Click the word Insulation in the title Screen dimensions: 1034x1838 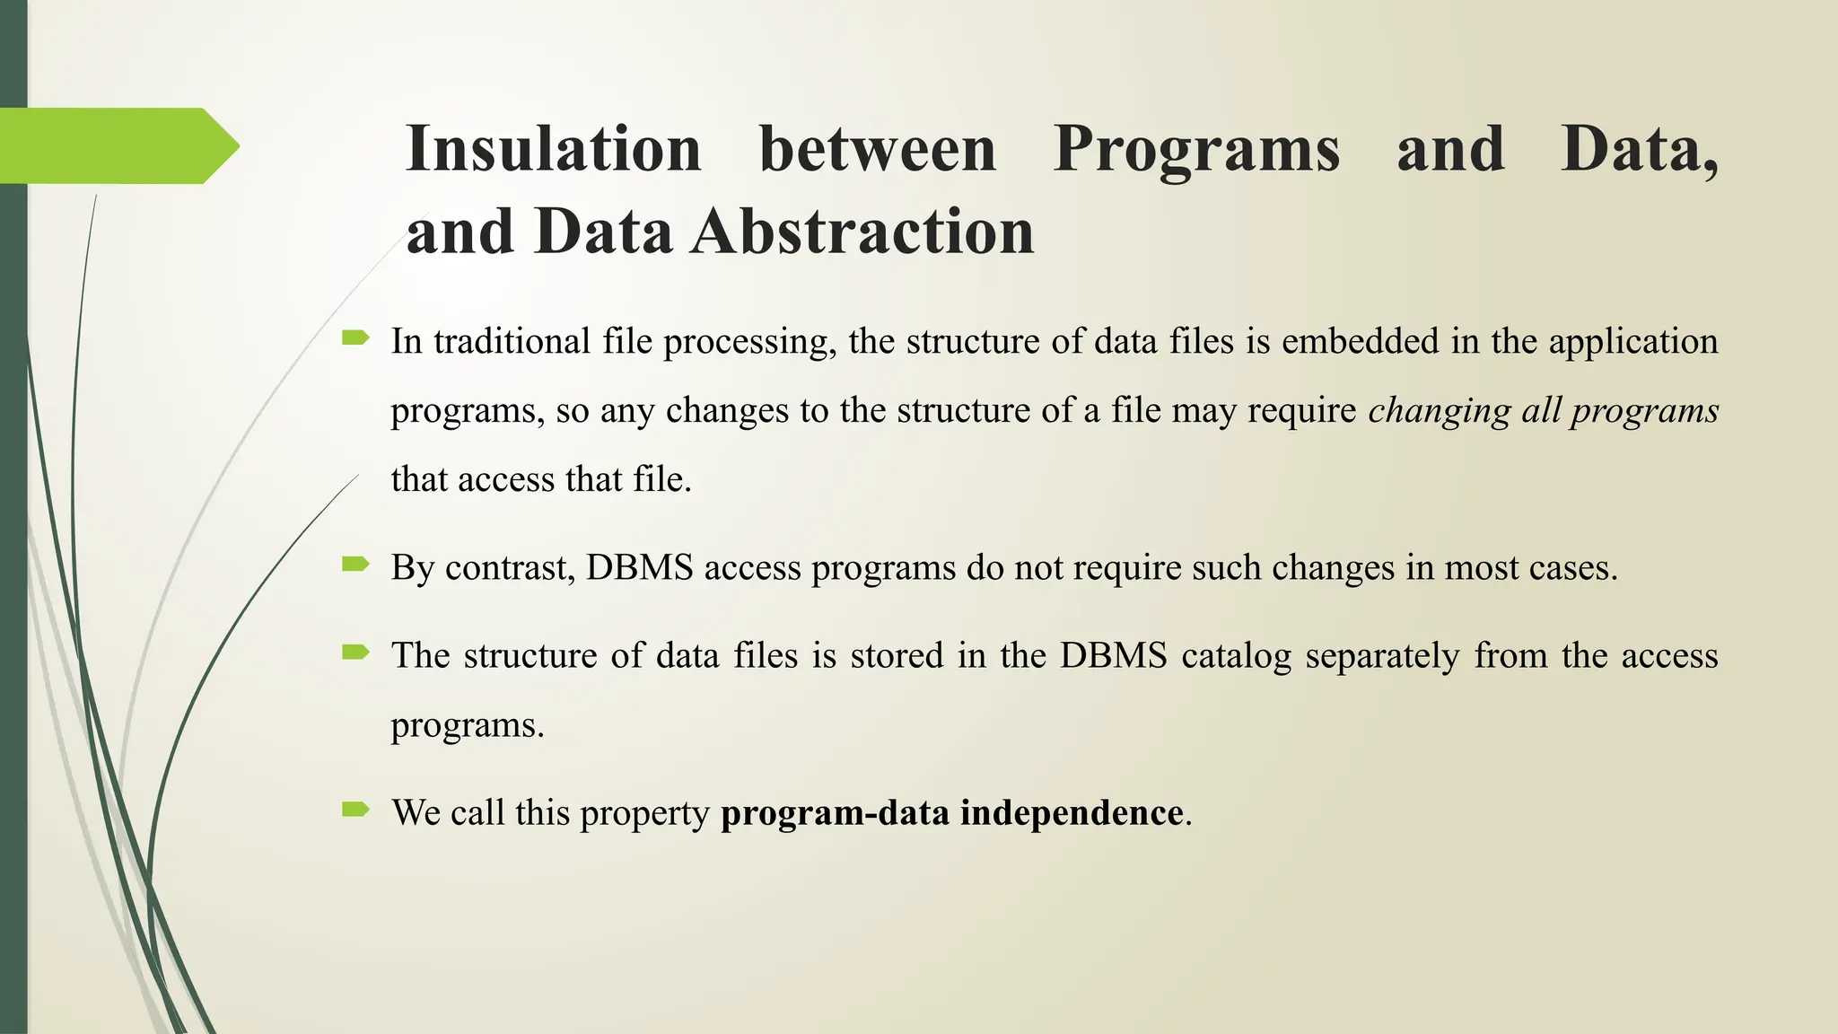[x=553, y=149]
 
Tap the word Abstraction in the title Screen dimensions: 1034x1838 [x=862, y=232]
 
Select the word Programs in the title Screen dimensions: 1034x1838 [x=1196, y=149]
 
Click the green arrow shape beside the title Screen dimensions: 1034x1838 [x=117, y=145]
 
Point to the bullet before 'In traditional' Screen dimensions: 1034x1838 [x=355, y=338]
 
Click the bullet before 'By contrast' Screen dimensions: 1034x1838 [x=355, y=565]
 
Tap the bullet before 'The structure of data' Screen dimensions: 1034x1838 [x=355, y=653]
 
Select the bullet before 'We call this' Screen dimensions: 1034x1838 [x=355, y=810]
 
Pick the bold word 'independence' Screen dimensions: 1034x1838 [x=1072, y=813]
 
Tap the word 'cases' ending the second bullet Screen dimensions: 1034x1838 [x=1576, y=568]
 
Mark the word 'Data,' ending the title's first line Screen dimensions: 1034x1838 [x=1639, y=149]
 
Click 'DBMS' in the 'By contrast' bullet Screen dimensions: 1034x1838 [x=640, y=568]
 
